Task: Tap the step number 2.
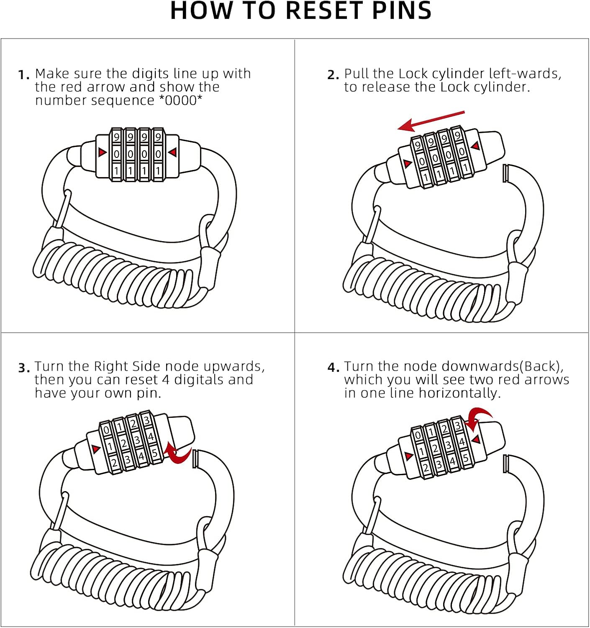(x=333, y=75)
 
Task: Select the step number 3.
(x=24, y=368)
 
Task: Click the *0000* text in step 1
(x=180, y=100)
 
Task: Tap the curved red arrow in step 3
(x=178, y=454)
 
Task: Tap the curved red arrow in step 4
(x=477, y=420)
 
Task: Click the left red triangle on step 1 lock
(x=102, y=152)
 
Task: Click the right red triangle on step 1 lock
(x=172, y=152)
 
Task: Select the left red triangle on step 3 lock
(x=96, y=449)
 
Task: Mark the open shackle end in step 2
(x=505, y=173)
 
